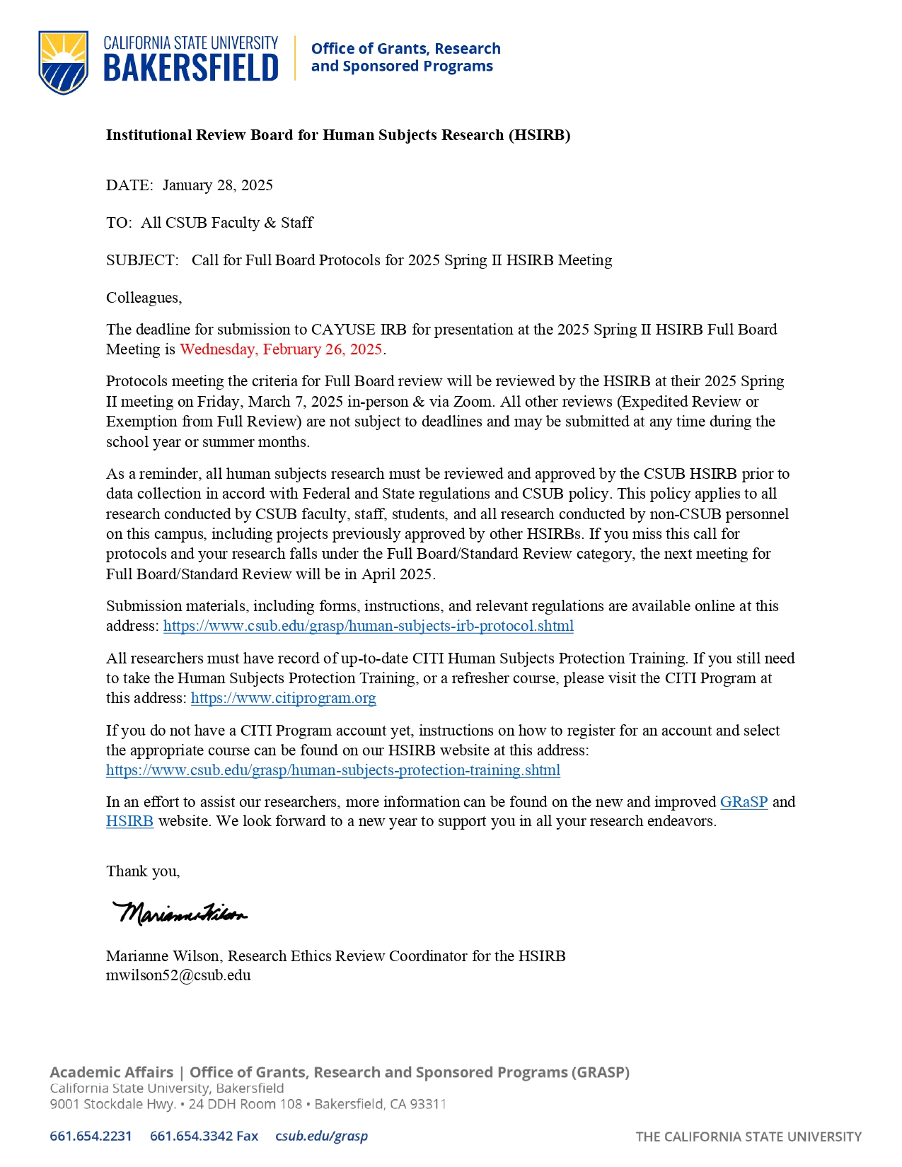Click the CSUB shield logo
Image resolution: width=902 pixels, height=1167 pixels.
64,62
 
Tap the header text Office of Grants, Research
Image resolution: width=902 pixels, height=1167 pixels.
405,49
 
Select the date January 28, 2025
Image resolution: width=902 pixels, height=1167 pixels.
217,185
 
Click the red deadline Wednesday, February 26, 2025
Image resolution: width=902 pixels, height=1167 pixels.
281,349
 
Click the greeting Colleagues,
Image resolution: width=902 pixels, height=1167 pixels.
144,298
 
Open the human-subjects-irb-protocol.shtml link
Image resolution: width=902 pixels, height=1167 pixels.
368,626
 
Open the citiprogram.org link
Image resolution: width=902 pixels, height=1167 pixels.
283,698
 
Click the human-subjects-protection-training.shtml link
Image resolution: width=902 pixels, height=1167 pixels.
333,770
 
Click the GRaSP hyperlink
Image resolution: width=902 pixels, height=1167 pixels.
744,802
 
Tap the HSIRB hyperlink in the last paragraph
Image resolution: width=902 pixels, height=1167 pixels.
129,821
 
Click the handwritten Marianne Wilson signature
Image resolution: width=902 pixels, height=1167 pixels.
180,913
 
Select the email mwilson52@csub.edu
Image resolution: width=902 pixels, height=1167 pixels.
178,975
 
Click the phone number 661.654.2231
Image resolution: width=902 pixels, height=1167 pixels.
91,1136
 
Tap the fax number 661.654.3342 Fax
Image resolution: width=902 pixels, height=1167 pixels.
204,1136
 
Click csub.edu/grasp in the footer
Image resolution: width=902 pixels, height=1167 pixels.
321,1136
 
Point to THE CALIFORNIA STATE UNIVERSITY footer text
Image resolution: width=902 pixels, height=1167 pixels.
748,1137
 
